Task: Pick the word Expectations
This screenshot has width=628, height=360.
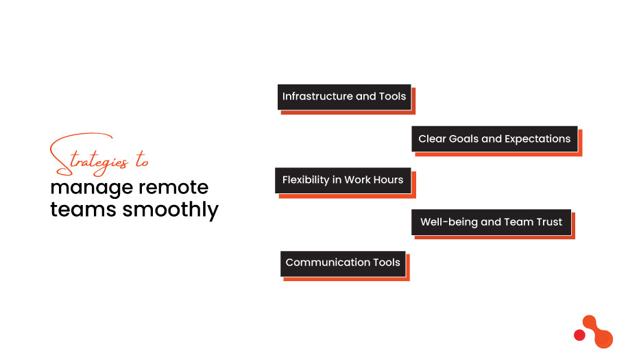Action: (x=538, y=139)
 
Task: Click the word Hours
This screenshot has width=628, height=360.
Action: (x=389, y=180)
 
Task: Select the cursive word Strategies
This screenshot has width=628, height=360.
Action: (x=89, y=159)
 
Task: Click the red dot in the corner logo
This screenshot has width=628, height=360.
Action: (x=579, y=335)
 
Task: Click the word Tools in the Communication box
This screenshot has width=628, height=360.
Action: (x=387, y=263)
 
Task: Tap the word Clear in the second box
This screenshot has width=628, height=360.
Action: (x=432, y=139)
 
